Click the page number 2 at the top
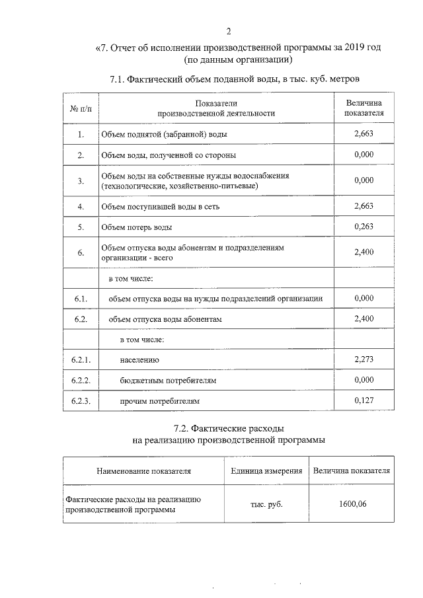coord(228,31)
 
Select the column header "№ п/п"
coord(80,108)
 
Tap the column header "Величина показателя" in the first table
coord(364,108)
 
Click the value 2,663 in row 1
coord(364,134)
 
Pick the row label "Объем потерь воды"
coord(136,227)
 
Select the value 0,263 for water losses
coord(364,227)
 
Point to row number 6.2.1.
coord(80,360)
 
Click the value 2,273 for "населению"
coord(364,359)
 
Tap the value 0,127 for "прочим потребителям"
coord(364,400)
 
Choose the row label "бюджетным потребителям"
coord(169,381)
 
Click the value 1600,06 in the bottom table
coord(352,504)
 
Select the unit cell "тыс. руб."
coord(266,505)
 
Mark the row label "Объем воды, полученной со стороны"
coord(168,155)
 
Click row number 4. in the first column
coord(80,207)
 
